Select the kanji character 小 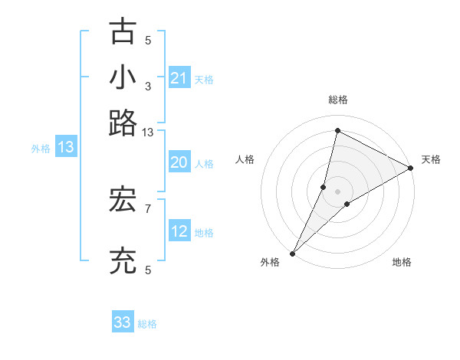pyautogui.click(x=123, y=77)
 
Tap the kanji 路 pyautogui.click(x=123, y=123)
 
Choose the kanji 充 pyautogui.click(x=123, y=262)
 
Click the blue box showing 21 pyautogui.click(x=179, y=78)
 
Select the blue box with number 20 pyautogui.click(x=179, y=162)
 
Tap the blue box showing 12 pyautogui.click(x=179, y=232)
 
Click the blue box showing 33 pyautogui.click(x=123, y=322)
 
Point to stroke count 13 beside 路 pyautogui.click(x=148, y=133)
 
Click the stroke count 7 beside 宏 pyautogui.click(x=148, y=208)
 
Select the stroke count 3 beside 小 pyautogui.click(x=148, y=86)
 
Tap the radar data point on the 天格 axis pyautogui.click(x=411, y=169)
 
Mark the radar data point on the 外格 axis pyautogui.click(x=292, y=253)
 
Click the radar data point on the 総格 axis pyautogui.click(x=337, y=130)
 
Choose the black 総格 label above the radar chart pyautogui.click(x=337, y=100)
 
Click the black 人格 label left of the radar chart pyautogui.click(x=245, y=159)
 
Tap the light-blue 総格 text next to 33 pyautogui.click(x=147, y=324)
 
